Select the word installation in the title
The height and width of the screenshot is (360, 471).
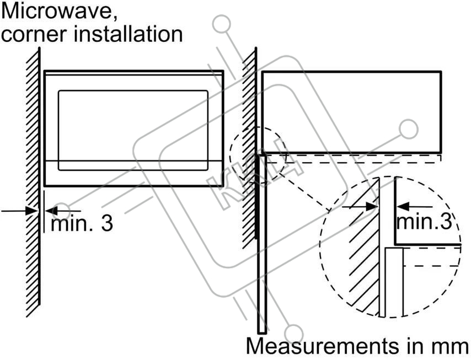point(129,34)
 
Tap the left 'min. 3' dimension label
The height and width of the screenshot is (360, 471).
point(82,223)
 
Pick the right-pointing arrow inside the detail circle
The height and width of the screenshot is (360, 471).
point(370,207)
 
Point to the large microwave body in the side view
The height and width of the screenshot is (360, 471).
point(351,111)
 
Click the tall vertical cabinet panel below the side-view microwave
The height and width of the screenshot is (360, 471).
point(262,243)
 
